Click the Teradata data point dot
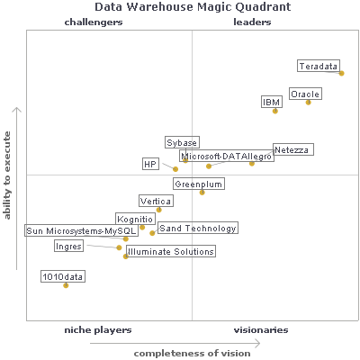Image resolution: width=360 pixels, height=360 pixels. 342,73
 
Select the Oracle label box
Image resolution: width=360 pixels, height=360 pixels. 305,94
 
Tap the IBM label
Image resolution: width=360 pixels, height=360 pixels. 272,103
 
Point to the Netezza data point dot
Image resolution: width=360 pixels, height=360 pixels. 252,163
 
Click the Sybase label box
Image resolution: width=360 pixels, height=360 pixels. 182,142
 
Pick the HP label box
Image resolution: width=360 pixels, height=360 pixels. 150,164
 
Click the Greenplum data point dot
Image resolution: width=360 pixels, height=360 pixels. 202,192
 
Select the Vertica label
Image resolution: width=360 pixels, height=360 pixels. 156,201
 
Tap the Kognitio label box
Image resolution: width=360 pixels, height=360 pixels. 135,219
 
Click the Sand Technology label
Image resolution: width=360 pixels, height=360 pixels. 197,229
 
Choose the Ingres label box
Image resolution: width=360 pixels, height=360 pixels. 69,246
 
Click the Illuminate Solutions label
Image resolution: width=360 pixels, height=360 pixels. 171,252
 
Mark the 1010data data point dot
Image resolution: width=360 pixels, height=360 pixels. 66,285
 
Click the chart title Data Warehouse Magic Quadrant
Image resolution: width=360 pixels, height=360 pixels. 180,8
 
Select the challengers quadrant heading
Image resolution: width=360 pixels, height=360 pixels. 94,22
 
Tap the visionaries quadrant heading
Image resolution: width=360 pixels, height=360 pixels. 261,330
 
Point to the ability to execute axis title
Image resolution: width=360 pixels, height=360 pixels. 7,175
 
